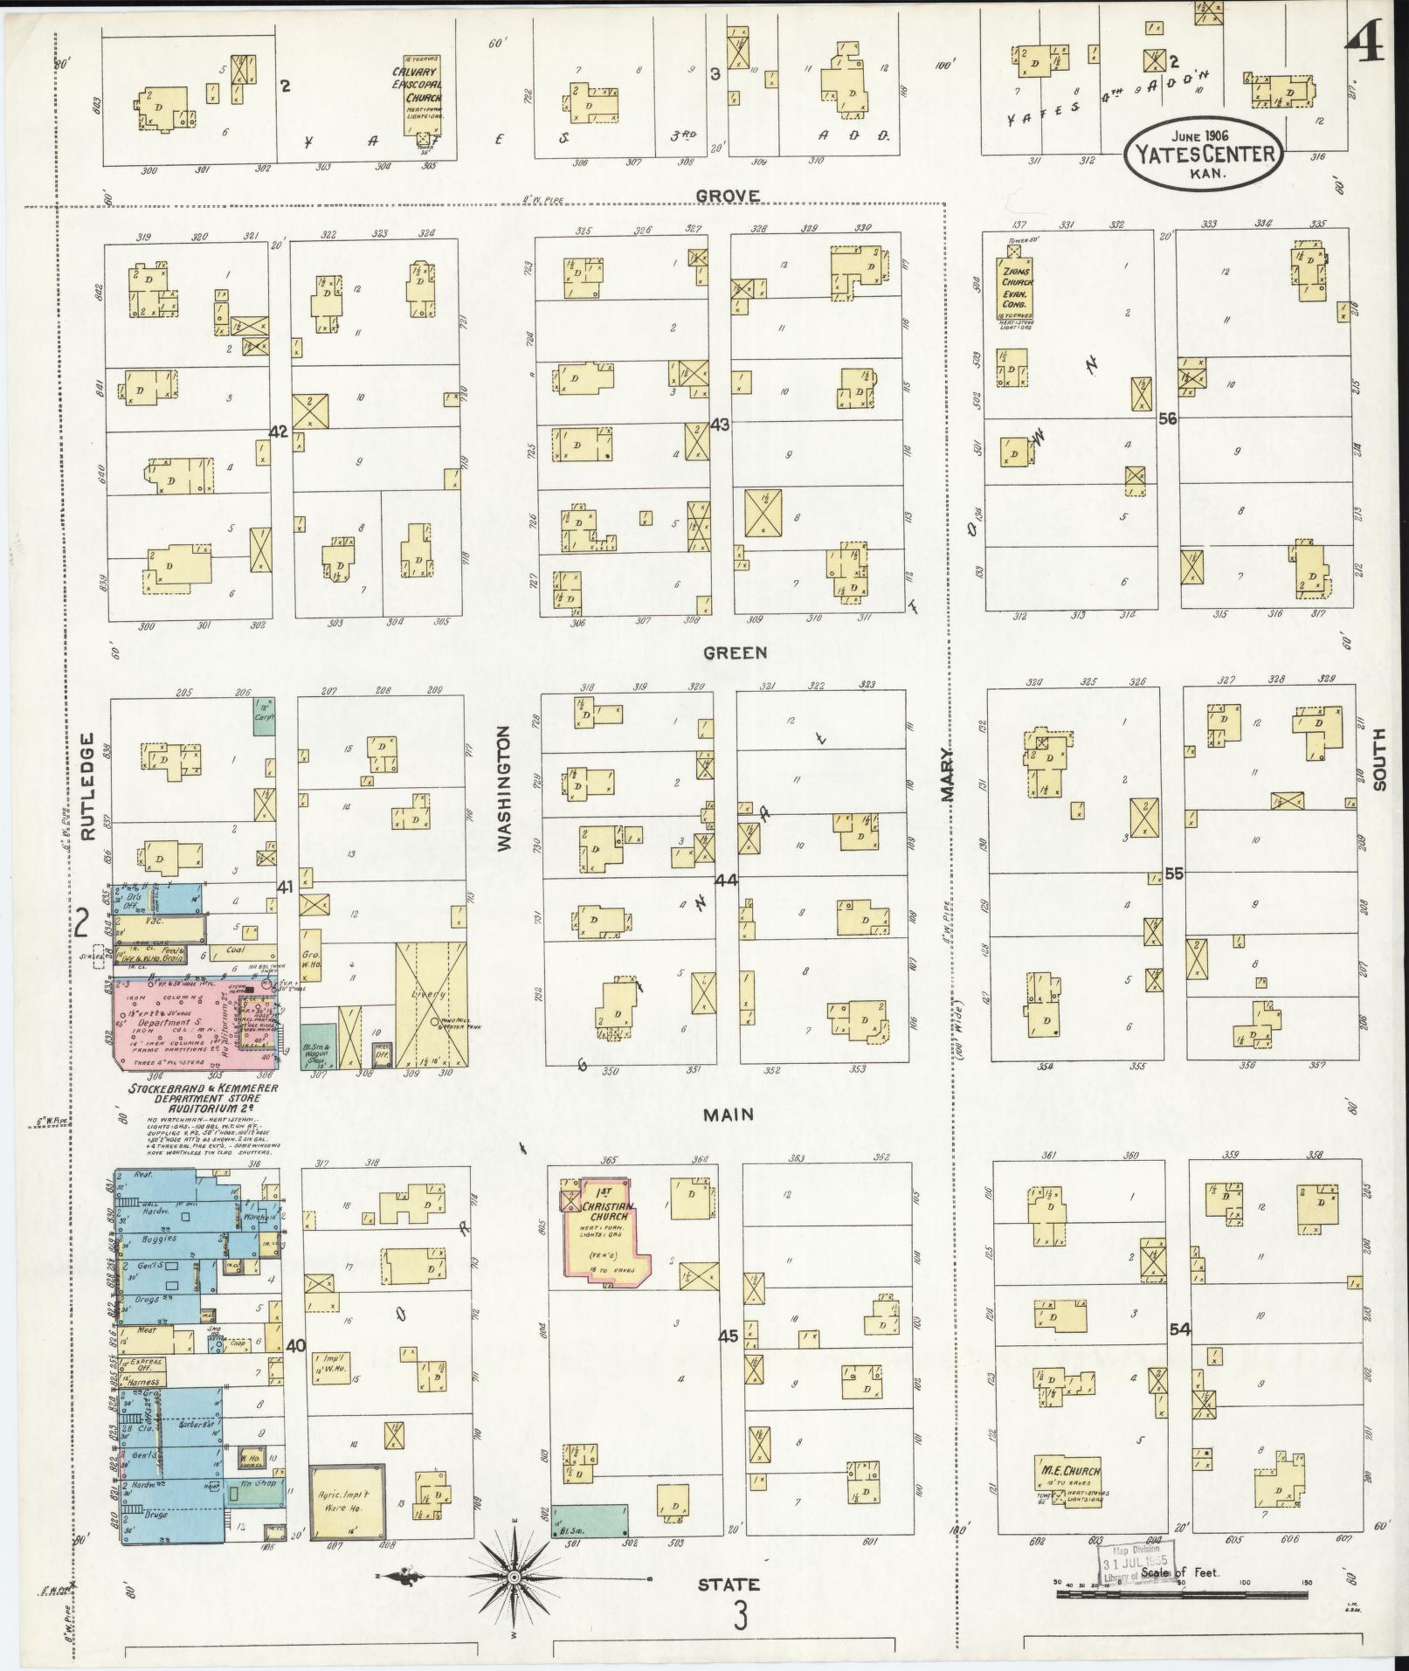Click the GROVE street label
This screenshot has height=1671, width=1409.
click(x=728, y=196)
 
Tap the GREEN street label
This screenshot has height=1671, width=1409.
click(x=723, y=653)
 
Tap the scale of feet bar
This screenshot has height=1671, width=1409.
click(x=1184, y=1594)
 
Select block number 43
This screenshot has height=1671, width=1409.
click(x=721, y=424)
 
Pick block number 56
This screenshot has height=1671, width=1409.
click(x=1167, y=419)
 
